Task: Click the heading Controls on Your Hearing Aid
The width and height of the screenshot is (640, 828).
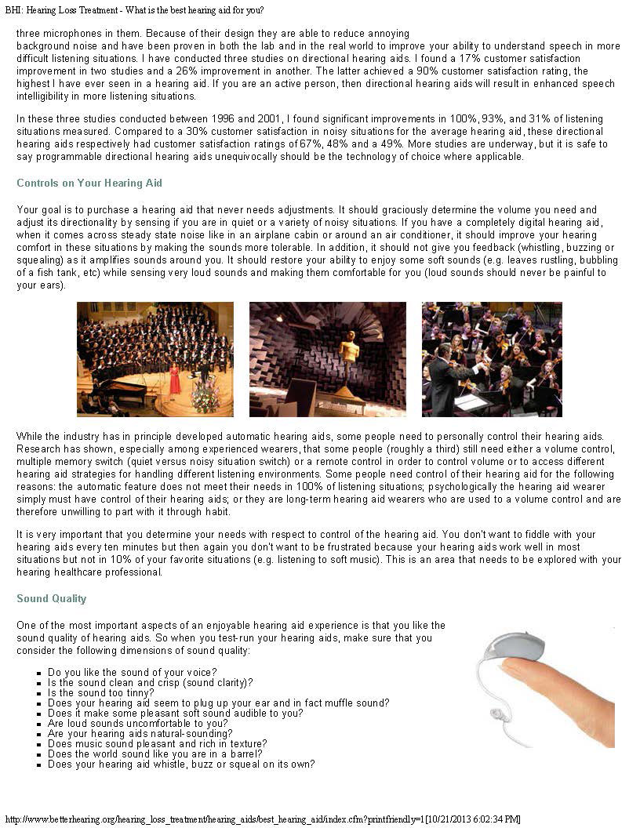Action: pos(89,183)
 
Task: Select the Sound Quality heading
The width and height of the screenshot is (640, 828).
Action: pos(51,598)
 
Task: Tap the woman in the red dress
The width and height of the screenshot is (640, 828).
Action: pos(175,379)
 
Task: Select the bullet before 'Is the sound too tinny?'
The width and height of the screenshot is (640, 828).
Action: pos(38,693)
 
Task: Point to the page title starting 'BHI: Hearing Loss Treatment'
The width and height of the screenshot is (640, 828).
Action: pos(134,10)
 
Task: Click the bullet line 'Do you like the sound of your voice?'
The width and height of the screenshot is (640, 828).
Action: pos(132,672)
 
